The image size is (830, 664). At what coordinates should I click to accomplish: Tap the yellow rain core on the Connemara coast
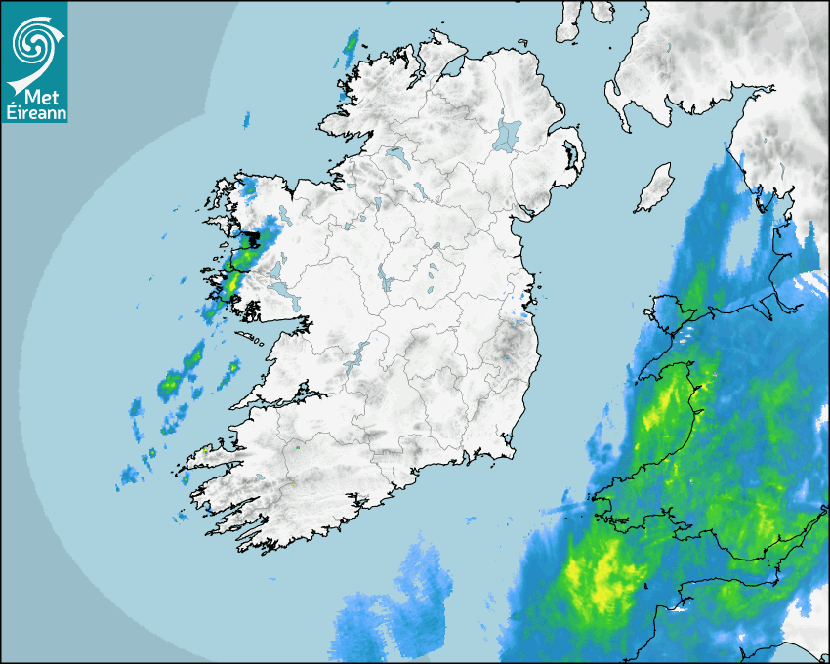(233, 285)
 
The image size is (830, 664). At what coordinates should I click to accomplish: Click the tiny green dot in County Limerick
(297, 448)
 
